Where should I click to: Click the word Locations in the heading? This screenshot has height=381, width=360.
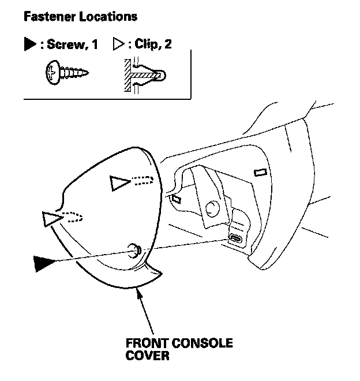click(x=108, y=16)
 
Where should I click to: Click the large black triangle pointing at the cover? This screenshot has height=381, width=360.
click(x=46, y=263)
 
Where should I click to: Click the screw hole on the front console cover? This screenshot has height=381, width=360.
click(x=133, y=249)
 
